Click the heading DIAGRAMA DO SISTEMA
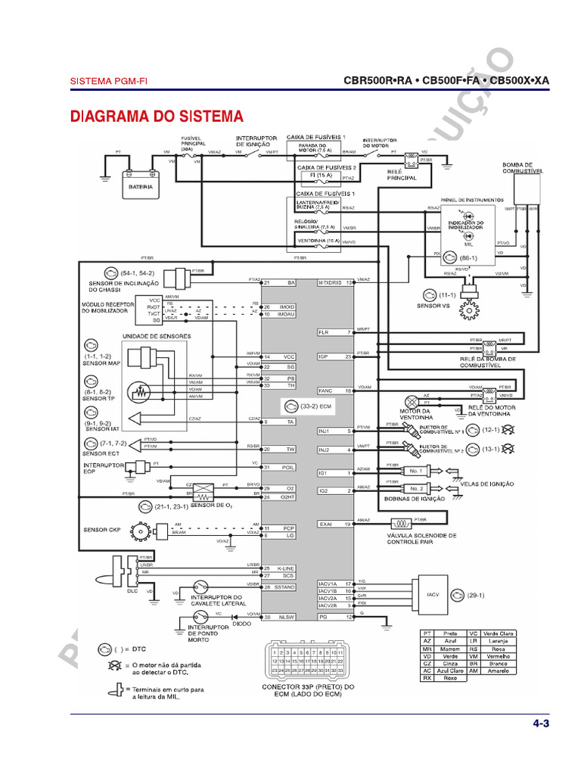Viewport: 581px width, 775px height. (x=157, y=117)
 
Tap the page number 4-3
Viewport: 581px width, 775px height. (x=540, y=724)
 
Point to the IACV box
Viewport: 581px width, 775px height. (x=433, y=595)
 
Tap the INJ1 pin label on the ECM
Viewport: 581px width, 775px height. (x=324, y=431)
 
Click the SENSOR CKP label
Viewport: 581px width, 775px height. (x=102, y=530)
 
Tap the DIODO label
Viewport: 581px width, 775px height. (x=242, y=624)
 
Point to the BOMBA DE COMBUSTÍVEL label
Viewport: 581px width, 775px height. (x=523, y=168)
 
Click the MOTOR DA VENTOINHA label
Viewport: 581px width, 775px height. (x=415, y=414)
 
